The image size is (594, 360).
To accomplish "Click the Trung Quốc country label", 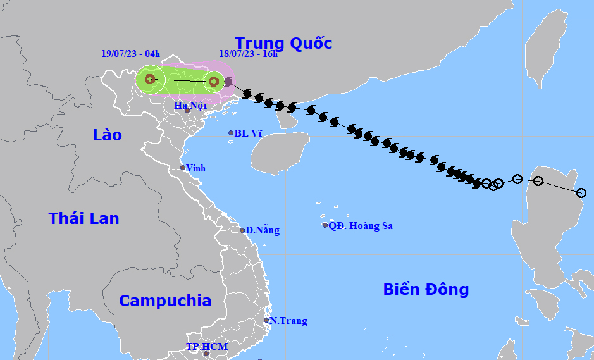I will (x=283, y=43).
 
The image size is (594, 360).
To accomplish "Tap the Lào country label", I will (x=107, y=135).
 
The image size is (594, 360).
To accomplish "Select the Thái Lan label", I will (x=84, y=218).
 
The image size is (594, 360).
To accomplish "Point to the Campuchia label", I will (x=165, y=301).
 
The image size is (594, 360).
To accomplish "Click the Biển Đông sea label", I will (x=426, y=289).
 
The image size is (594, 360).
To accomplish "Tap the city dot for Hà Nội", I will (x=187, y=111).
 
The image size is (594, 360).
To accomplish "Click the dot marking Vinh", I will (x=183, y=168).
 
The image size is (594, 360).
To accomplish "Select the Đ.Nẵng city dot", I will (x=242, y=230).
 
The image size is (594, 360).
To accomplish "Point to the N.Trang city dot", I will (x=266, y=320).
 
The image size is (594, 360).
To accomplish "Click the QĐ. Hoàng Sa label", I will (x=361, y=225).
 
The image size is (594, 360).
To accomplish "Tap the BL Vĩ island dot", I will (x=231, y=133).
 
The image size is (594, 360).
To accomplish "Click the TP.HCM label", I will (x=206, y=347).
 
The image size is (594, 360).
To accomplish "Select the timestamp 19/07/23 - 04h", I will (x=131, y=53).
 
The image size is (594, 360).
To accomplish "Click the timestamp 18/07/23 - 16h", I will (x=248, y=53).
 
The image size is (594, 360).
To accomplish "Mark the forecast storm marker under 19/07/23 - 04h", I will (x=150, y=79).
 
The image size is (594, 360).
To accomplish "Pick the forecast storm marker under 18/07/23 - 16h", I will (x=214, y=81).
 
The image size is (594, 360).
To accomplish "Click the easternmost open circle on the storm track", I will (x=581, y=192).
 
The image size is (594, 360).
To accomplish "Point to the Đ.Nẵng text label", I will (x=263, y=230).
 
